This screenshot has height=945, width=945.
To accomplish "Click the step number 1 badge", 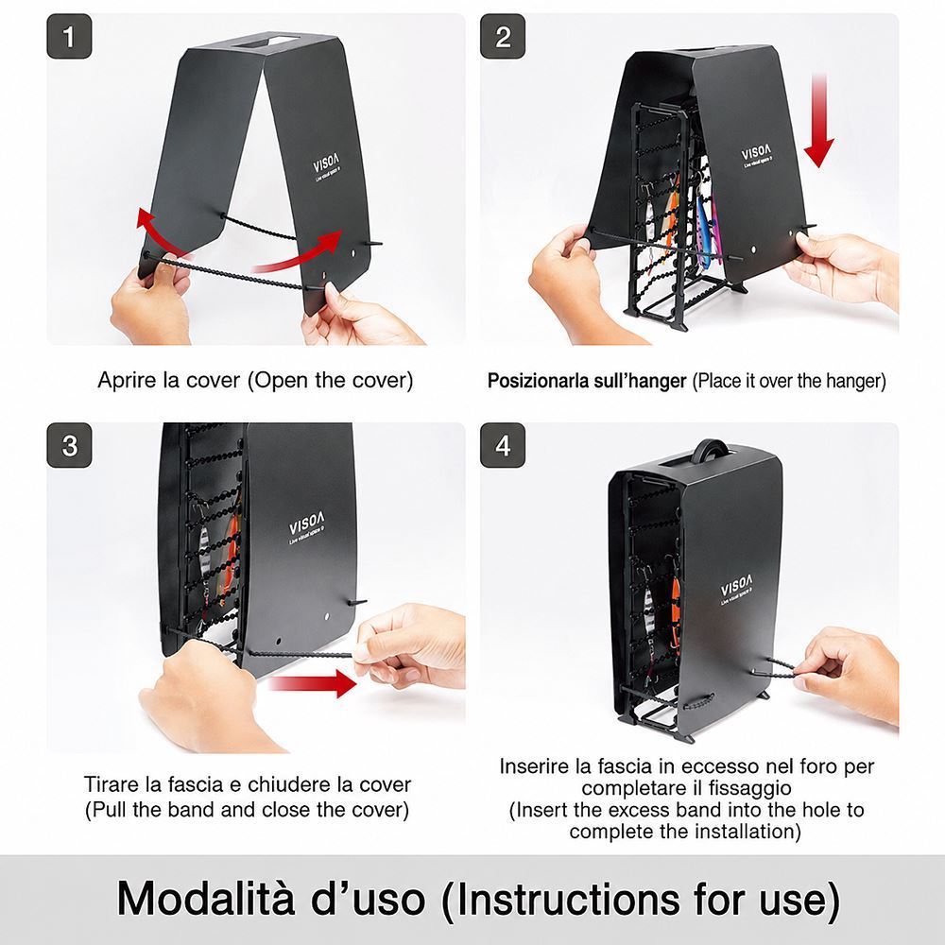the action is click(69, 36).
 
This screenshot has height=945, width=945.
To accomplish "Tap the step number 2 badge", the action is click(503, 36).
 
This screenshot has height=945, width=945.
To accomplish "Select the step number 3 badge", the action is click(69, 445).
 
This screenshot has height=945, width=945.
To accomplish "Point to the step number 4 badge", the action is click(503, 445).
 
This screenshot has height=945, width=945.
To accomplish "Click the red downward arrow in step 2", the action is click(819, 121).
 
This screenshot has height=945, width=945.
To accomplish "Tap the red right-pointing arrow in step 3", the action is click(312, 683).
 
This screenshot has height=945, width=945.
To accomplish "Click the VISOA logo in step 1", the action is click(327, 163).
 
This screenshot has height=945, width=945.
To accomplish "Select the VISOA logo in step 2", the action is click(756, 152).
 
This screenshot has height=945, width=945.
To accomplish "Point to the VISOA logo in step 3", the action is click(307, 524).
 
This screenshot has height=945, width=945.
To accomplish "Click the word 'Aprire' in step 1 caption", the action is click(128, 380).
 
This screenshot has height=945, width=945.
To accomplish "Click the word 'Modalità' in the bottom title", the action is click(205, 898).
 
